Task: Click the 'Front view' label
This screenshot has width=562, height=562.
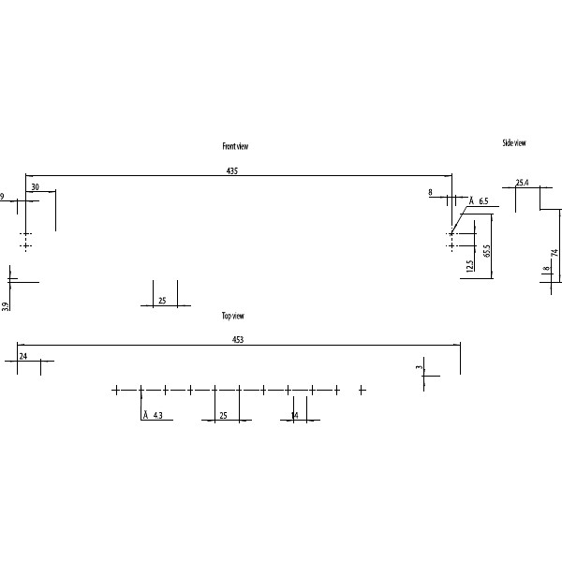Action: [235, 146]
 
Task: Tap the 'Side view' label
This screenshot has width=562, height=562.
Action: [514, 143]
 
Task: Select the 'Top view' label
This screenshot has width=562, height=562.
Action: [233, 317]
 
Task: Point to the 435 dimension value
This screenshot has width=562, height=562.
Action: [232, 170]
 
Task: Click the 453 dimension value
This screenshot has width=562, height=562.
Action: [238, 340]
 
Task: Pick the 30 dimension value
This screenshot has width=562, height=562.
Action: [35, 187]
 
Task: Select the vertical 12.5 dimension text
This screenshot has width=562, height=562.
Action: [468, 265]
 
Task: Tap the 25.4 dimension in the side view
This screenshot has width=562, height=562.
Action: [522, 183]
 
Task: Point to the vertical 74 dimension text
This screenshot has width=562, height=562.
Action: [555, 253]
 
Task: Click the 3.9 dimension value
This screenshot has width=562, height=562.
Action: [6, 305]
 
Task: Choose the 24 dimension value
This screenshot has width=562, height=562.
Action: [22, 357]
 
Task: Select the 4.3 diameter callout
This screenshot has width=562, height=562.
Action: [156, 415]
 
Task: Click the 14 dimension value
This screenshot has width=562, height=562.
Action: [294, 415]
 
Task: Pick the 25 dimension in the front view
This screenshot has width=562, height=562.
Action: [162, 301]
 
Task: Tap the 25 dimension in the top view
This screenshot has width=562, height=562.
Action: [223, 415]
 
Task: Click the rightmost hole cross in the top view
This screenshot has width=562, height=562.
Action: [362, 390]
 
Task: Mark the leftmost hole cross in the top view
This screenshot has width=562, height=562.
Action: [116, 390]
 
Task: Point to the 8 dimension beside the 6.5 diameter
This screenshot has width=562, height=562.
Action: [431, 192]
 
